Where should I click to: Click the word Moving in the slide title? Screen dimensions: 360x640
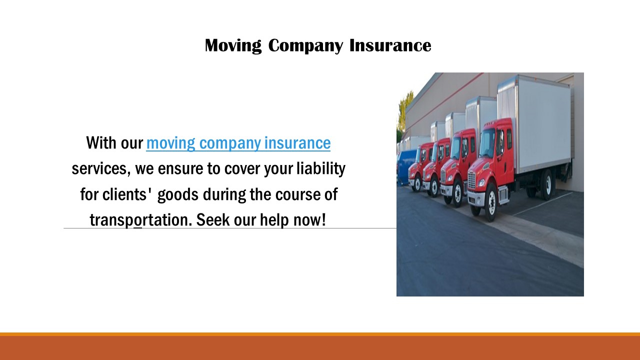(232, 45)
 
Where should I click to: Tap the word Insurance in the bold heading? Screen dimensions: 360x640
(390, 45)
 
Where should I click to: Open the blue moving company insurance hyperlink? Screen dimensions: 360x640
(238, 143)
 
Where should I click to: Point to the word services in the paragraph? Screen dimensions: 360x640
(100, 168)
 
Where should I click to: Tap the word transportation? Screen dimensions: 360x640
(140, 219)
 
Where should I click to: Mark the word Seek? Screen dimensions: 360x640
(212, 219)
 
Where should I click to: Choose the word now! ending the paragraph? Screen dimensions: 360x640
(311, 219)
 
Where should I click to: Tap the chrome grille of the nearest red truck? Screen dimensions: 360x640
(472, 180)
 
